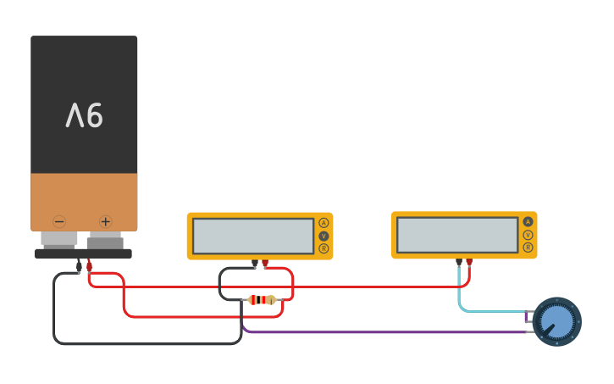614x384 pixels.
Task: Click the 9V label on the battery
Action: click(84, 115)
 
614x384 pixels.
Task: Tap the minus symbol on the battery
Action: click(59, 222)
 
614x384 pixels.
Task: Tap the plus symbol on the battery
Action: click(105, 222)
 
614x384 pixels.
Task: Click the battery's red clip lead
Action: click(89, 265)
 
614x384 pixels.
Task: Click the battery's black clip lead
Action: click(79, 266)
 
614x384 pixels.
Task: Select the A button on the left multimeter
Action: click(324, 223)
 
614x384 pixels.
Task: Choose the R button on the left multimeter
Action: click(324, 248)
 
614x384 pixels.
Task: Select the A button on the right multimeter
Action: click(528, 222)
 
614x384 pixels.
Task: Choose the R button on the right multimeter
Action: click(528, 248)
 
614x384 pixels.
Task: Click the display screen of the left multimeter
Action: click(253, 236)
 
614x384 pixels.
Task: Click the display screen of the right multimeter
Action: click(457, 235)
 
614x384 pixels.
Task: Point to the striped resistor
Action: click(261, 299)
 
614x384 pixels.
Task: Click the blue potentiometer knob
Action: click(556, 321)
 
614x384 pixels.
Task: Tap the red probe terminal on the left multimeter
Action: click(265, 264)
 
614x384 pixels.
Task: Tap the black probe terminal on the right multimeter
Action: click(459, 262)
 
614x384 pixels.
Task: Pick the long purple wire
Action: click(381, 331)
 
